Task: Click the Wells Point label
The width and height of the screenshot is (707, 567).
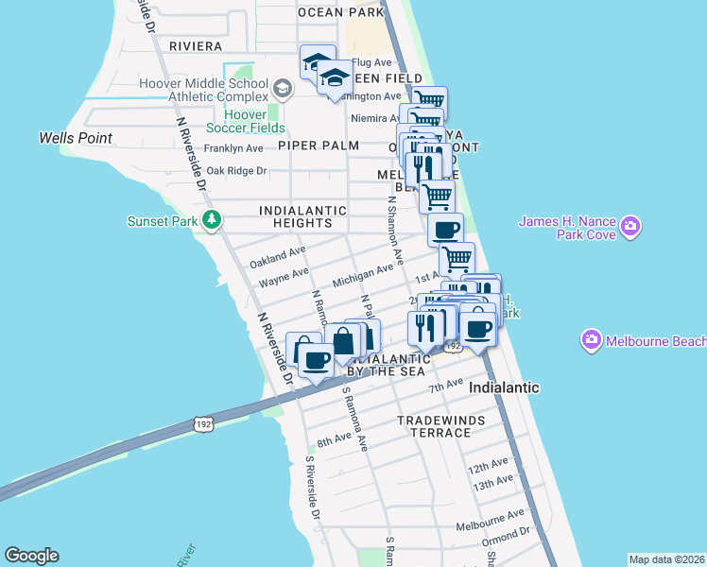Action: click(x=76, y=138)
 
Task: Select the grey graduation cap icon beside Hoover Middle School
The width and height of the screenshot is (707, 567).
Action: click(x=281, y=89)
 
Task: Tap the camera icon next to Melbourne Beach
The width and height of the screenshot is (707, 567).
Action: click(x=592, y=339)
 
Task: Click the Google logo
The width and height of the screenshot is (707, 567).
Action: click(x=31, y=556)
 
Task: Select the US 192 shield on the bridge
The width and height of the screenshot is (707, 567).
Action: click(x=204, y=425)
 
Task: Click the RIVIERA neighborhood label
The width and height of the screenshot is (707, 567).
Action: click(x=196, y=45)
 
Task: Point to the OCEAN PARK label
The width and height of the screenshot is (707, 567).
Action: click(x=340, y=12)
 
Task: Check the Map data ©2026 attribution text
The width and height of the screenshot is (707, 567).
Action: click(x=666, y=559)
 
